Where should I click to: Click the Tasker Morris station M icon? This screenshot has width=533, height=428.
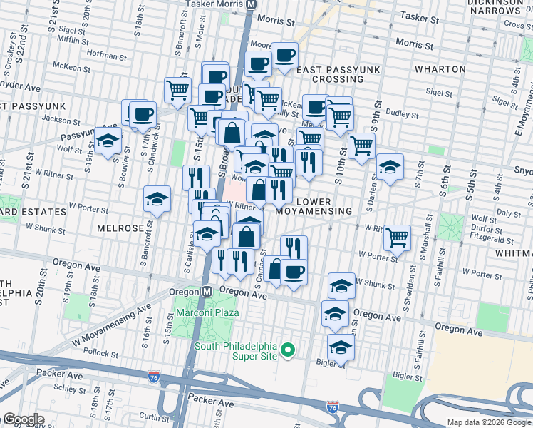click(x=251, y=4)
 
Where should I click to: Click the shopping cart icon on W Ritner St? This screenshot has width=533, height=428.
click(x=397, y=237)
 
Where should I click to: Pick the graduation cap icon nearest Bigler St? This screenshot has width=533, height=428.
click(x=341, y=347)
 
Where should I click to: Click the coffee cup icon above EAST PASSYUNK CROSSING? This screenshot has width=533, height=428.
click(x=284, y=55)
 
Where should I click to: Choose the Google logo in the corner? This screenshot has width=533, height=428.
click(x=23, y=419)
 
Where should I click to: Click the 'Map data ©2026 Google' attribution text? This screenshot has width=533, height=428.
click(x=488, y=422)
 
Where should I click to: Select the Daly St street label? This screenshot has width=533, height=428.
click(x=509, y=213)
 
